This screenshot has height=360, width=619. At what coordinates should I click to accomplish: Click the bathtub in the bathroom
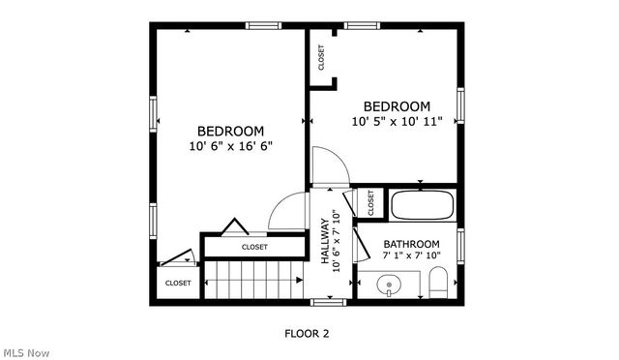coord(421,205)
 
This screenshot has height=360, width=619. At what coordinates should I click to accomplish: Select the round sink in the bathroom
coord(389,285)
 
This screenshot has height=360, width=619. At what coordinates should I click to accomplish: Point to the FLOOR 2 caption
coord(307,334)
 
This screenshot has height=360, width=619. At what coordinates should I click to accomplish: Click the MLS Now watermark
coord(25,352)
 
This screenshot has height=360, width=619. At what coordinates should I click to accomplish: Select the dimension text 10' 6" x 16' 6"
coord(231,147)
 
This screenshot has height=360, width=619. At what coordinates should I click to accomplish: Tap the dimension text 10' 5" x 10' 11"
coord(397,122)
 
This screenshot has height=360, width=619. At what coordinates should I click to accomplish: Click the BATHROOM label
coord(411,244)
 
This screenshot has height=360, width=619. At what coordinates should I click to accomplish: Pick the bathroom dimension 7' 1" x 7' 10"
coord(411,255)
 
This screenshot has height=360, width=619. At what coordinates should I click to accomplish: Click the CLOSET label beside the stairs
coord(178,283)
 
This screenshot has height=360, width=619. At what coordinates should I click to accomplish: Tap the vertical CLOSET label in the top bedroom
coord(321,59)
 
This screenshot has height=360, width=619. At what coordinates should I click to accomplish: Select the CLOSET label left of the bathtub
coord(370,202)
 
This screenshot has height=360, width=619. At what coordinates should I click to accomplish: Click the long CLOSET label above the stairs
coord(254,247)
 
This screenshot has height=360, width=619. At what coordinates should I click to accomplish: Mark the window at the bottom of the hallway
coord(329,303)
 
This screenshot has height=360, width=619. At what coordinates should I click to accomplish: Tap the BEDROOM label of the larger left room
coord(231,132)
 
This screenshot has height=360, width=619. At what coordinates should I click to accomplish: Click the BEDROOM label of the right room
coord(397,106)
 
